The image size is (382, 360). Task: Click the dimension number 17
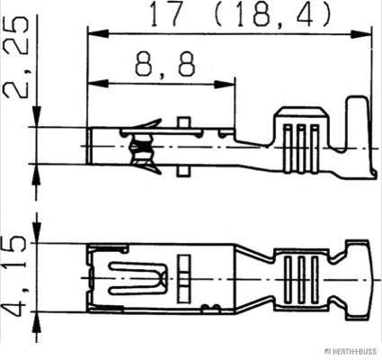point(166,13)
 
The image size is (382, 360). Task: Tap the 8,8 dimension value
point(165,64)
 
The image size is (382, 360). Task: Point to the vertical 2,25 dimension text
point(15,58)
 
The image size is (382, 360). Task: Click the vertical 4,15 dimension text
point(15,275)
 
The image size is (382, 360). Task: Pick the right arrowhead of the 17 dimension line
point(360,34)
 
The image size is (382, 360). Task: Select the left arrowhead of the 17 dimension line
point(98,33)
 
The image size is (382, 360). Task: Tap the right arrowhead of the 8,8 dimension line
point(225,85)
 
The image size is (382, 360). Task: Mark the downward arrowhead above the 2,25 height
point(37,116)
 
